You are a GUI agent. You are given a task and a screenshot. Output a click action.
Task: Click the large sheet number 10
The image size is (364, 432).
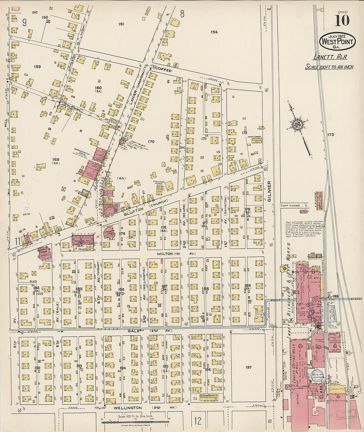[x=342, y=21]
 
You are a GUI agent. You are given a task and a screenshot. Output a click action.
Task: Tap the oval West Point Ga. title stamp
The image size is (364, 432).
[x=337, y=41]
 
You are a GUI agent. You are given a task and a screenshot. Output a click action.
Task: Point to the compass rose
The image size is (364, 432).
[x=296, y=125]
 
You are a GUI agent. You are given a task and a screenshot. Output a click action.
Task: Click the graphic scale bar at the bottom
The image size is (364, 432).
[x=135, y=421]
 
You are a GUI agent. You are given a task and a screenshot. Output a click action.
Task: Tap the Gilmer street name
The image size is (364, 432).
[x=269, y=191]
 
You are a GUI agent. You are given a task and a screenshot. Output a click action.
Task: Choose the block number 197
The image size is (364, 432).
[x=249, y=367]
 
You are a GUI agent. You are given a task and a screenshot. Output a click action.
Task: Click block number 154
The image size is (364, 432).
[x=214, y=32]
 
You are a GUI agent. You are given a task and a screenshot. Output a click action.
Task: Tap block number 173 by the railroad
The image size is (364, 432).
[x=330, y=135]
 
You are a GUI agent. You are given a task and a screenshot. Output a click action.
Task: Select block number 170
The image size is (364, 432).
[x=151, y=142]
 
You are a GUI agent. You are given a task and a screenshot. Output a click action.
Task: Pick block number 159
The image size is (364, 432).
[x=37, y=67]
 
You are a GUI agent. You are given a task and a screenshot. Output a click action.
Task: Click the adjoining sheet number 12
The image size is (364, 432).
[x=198, y=421]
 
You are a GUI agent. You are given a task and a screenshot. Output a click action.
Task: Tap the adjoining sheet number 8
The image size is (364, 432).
[x=182, y=14]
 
